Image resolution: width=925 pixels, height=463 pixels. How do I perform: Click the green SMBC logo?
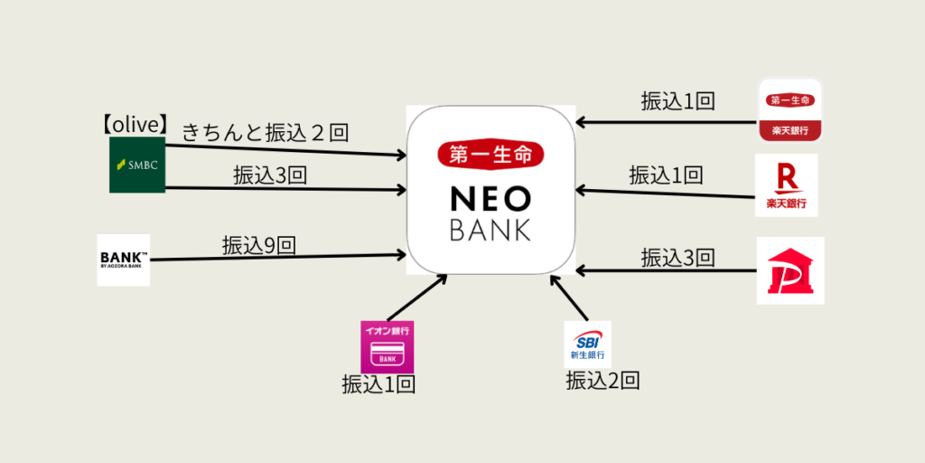click(137, 165)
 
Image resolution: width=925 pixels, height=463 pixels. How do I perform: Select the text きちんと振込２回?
click(266, 133)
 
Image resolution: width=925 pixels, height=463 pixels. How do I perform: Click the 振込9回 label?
click(259, 244)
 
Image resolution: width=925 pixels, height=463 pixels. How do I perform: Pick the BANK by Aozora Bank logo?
click(124, 260)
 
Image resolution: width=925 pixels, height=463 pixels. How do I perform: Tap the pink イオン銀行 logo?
click(387, 346)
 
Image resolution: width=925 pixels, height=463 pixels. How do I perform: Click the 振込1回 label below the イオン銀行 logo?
click(378, 384)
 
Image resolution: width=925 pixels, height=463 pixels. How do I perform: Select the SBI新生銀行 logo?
click(587, 344)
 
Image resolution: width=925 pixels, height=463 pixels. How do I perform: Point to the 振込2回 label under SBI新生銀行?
click(603, 381)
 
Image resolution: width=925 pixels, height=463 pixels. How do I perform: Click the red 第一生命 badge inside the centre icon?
click(491, 155)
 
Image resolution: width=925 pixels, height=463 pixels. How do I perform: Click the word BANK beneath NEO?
click(491, 230)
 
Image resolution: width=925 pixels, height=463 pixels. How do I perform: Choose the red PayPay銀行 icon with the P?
click(790, 270)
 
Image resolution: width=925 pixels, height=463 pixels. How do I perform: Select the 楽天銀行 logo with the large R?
click(787, 185)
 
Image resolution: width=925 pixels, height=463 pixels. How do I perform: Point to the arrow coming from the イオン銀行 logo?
click(417, 297)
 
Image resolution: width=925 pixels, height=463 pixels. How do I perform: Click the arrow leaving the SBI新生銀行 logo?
click(569, 298)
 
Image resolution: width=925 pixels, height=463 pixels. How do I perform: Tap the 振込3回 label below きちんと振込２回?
click(270, 175)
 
